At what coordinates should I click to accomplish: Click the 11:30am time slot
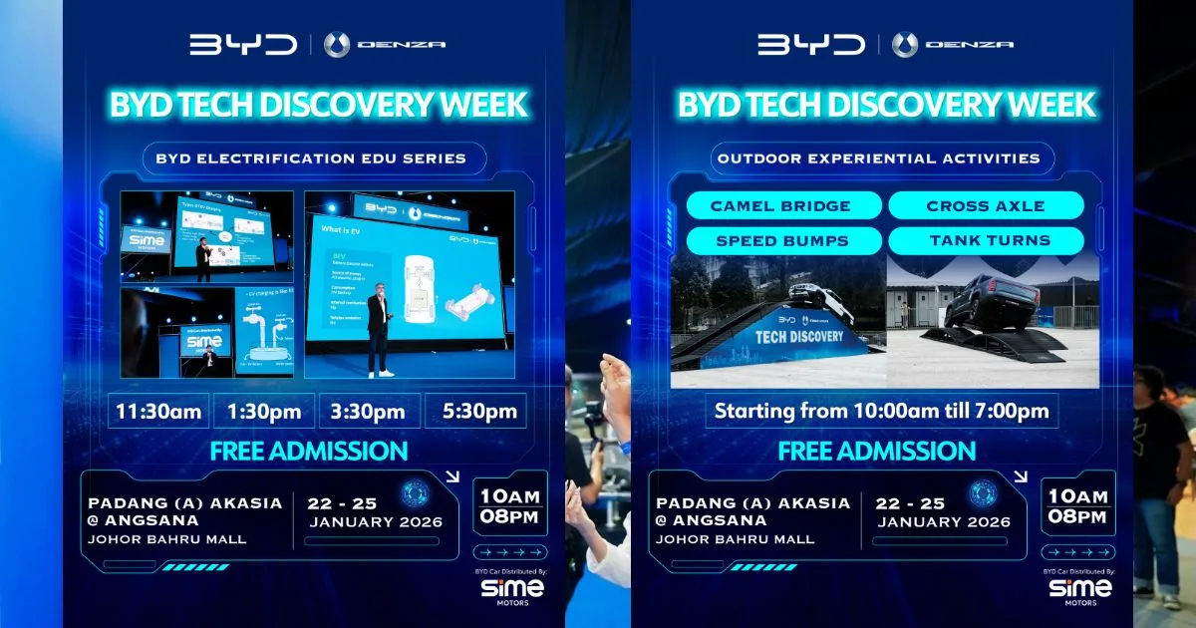click(158, 411)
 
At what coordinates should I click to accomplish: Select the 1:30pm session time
click(264, 411)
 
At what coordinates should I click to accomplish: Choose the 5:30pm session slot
click(475, 411)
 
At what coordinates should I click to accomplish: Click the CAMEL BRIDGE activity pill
click(782, 206)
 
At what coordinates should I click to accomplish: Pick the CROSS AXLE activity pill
click(986, 206)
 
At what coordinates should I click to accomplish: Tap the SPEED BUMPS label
click(782, 241)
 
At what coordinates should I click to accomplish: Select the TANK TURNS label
click(986, 241)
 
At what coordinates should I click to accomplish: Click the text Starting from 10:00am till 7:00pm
click(883, 411)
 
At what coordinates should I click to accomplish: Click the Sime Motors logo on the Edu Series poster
click(512, 590)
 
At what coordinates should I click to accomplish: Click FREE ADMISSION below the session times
click(309, 451)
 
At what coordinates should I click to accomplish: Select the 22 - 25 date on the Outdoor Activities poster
click(910, 502)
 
